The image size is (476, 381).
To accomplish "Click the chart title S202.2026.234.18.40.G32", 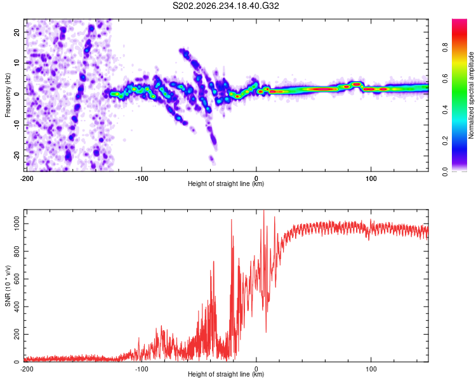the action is pyautogui.click(x=225, y=6).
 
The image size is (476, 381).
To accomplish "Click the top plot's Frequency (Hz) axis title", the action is pyautogui.click(x=8, y=95).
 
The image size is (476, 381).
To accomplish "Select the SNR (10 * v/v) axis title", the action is pyautogui.click(x=8, y=286).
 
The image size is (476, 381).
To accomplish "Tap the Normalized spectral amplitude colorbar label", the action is pyautogui.click(x=471, y=95).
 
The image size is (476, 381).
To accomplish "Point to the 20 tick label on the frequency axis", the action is pyautogui.click(x=17, y=32).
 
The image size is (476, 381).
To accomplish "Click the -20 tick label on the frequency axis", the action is pyautogui.click(x=17, y=156).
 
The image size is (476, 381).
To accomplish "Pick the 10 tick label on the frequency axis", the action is pyautogui.click(x=17, y=63).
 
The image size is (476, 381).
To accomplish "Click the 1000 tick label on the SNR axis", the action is pyautogui.click(x=17, y=224).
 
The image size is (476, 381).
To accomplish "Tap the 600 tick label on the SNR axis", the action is pyautogui.click(x=17, y=279).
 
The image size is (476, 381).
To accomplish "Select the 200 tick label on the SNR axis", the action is pyautogui.click(x=17, y=334).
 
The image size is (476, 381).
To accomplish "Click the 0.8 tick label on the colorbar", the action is pyautogui.click(x=445, y=47).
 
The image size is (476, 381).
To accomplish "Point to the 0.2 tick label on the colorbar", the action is pyautogui.click(x=445, y=140).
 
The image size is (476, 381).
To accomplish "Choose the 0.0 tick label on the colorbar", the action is pyautogui.click(x=445, y=171).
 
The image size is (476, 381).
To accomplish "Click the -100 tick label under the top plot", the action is pyautogui.click(x=142, y=178).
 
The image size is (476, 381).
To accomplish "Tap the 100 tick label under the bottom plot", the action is pyautogui.click(x=371, y=369).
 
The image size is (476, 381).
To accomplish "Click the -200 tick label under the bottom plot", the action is pyautogui.click(x=27, y=369).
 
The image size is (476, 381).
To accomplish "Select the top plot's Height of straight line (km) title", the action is pyautogui.click(x=226, y=184).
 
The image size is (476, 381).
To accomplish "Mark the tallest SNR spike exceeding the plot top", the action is pyautogui.click(x=263, y=211).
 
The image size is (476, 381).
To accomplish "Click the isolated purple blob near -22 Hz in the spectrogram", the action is pyautogui.click(x=211, y=159).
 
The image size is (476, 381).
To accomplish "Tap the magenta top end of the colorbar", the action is pyautogui.click(x=459, y=21).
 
